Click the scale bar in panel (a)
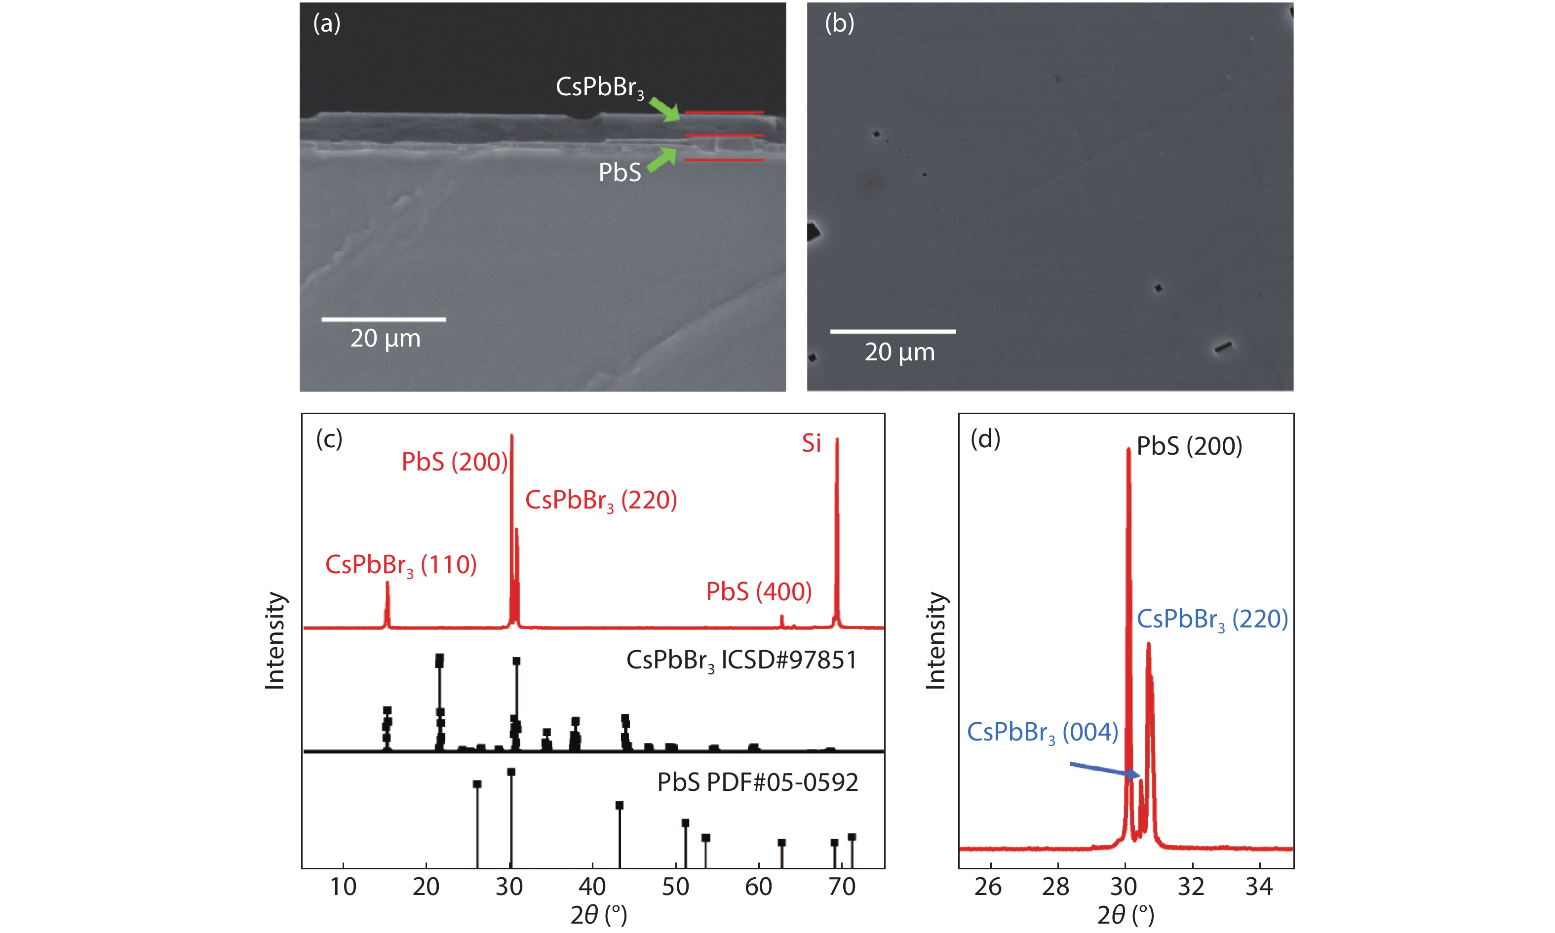pyautogui.click(x=384, y=319)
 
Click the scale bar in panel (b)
pyautogui.click(x=893, y=331)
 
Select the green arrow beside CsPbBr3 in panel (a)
pyautogui.click(x=664, y=109)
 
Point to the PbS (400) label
pyautogui.click(x=759, y=591)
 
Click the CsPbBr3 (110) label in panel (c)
pyautogui.click(x=400, y=565)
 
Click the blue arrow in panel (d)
pyautogui.click(x=1104, y=770)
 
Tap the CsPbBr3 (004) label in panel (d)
pyautogui.click(x=1042, y=733)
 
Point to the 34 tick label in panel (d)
pyautogui.click(x=1259, y=887)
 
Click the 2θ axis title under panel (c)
pyautogui.click(x=598, y=915)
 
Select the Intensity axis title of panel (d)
pyautogui.click(x=936, y=641)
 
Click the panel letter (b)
pyautogui.click(x=839, y=23)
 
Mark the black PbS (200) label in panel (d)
pyautogui.click(x=1189, y=446)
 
